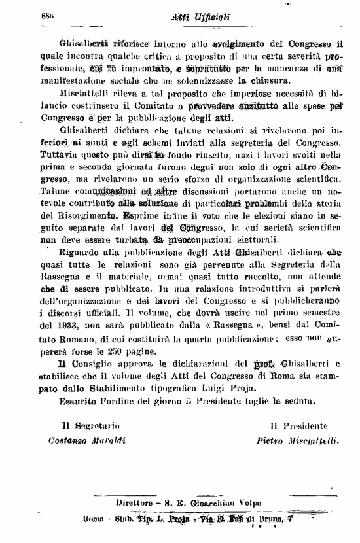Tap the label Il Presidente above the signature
coord(299,426)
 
